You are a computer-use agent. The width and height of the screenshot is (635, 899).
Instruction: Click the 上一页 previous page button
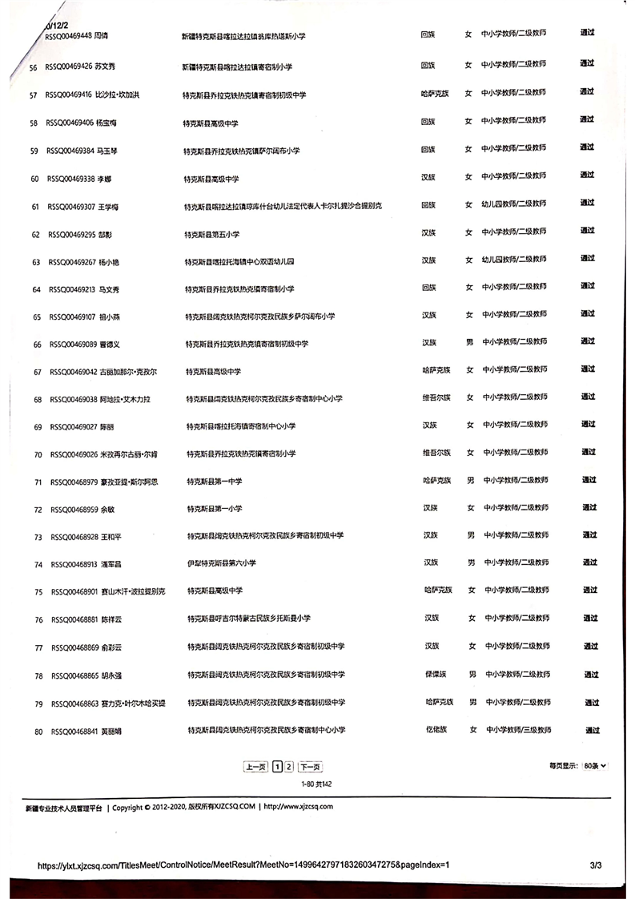coord(255,767)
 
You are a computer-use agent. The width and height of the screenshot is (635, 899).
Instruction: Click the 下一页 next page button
coord(310,767)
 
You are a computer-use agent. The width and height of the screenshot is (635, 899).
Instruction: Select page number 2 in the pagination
coord(289,767)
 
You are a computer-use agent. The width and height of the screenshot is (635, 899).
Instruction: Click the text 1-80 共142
coord(315,784)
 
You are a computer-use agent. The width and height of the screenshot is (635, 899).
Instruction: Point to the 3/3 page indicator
coord(595,865)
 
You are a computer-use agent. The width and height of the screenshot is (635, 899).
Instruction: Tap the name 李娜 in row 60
coord(103,179)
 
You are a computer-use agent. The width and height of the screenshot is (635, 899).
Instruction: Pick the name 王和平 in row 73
coord(110,537)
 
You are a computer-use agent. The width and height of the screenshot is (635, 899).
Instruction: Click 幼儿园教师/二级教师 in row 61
coord(514,204)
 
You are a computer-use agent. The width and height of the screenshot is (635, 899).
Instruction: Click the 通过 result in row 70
coord(589,452)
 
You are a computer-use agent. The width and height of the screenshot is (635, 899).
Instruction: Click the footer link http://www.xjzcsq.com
coord(298,807)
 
